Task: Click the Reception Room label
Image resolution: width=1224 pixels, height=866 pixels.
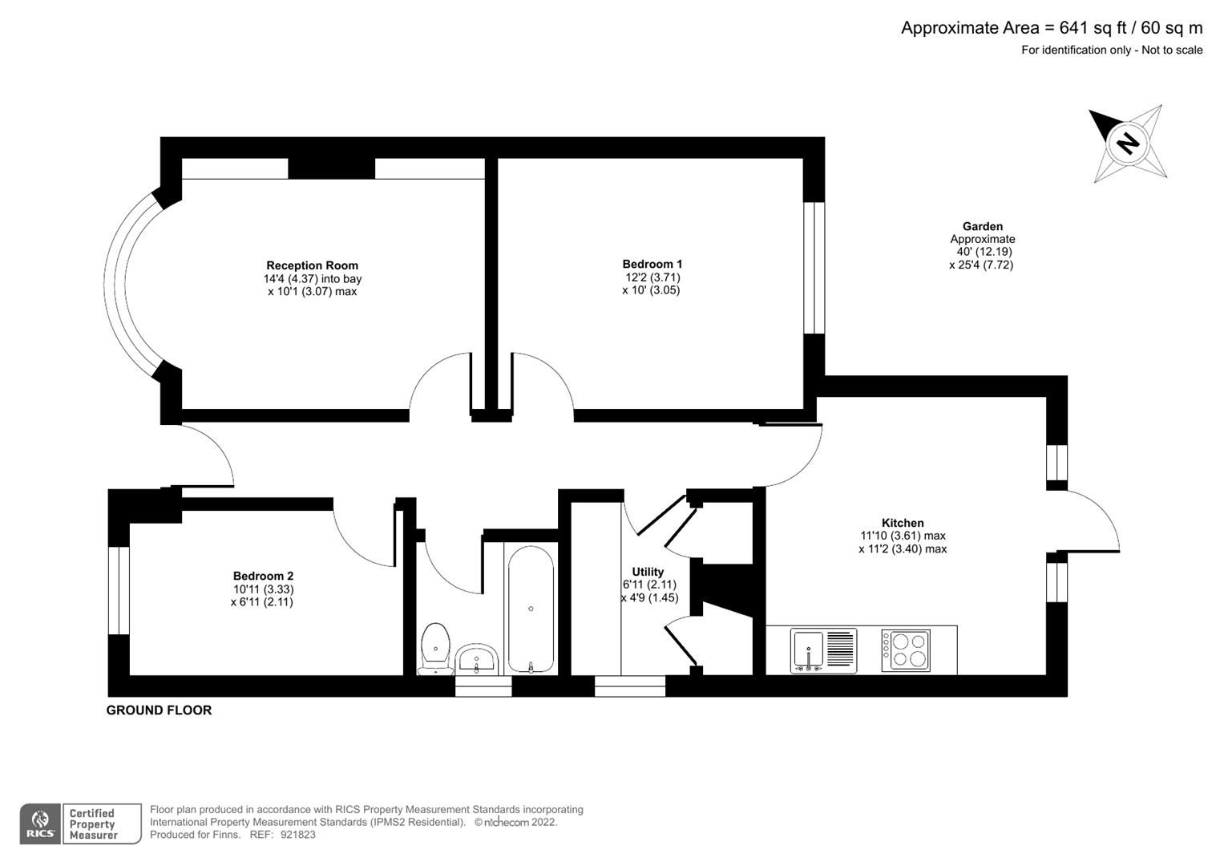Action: coord(312,265)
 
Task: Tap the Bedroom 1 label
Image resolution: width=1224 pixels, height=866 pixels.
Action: coord(652,264)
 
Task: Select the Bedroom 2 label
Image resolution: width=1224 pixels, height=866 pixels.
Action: coord(263,576)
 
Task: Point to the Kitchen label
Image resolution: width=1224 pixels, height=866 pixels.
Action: coord(903,523)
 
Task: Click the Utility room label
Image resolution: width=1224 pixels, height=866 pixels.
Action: coord(648,572)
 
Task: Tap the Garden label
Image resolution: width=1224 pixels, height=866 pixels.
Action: coord(982,227)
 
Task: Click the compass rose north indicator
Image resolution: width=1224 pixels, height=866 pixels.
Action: coord(1127,143)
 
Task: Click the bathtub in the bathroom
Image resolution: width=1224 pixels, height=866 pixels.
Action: coord(531,609)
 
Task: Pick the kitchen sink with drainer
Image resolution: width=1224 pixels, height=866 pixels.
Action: coord(823,650)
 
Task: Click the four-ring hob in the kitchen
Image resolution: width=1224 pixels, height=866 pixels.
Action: coord(906,650)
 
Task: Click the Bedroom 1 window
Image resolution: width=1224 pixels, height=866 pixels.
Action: coord(814,267)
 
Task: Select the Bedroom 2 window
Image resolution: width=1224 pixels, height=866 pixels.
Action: coord(119,590)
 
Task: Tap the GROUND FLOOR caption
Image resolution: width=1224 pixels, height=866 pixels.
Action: coord(159,710)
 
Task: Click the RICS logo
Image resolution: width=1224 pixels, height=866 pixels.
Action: coord(40,824)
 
